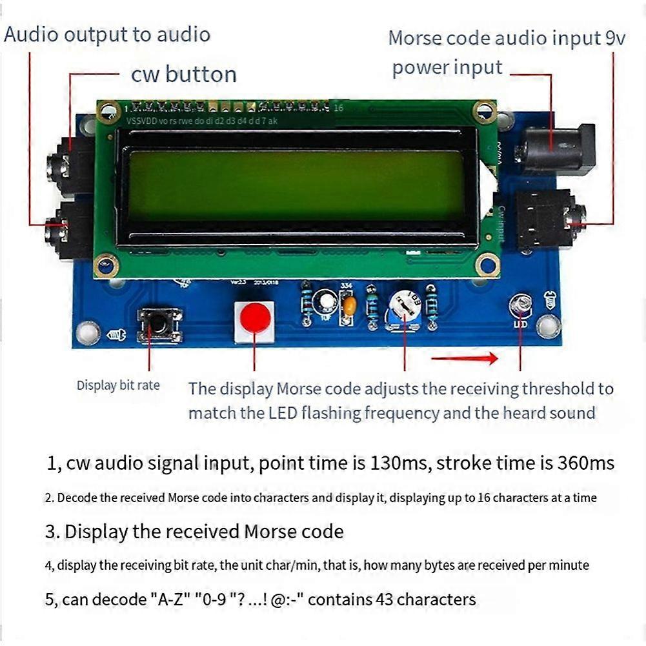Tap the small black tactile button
(159, 325)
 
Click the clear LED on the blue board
(521, 303)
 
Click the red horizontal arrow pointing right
(465, 358)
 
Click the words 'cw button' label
(184, 74)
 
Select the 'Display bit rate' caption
(118, 385)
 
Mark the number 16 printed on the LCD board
(339, 108)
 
